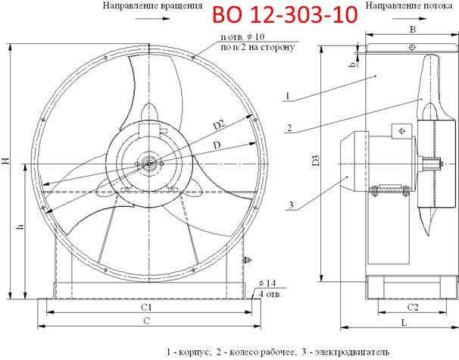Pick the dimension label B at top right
click(x=412, y=30)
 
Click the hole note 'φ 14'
click(x=265, y=282)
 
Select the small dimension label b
click(x=352, y=64)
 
